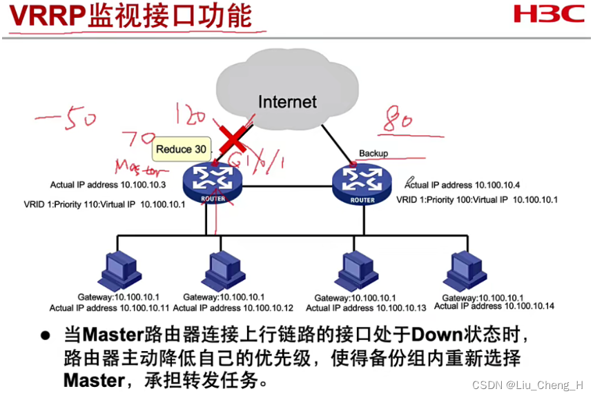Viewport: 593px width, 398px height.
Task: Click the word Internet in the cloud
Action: (x=287, y=102)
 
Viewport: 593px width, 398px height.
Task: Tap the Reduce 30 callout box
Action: (x=180, y=149)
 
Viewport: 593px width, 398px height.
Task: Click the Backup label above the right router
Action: (x=373, y=153)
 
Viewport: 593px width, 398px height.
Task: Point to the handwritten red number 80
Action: (x=399, y=120)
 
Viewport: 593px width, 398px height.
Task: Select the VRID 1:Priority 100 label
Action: (x=476, y=200)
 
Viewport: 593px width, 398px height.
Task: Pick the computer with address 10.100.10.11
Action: (x=118, y=268)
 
